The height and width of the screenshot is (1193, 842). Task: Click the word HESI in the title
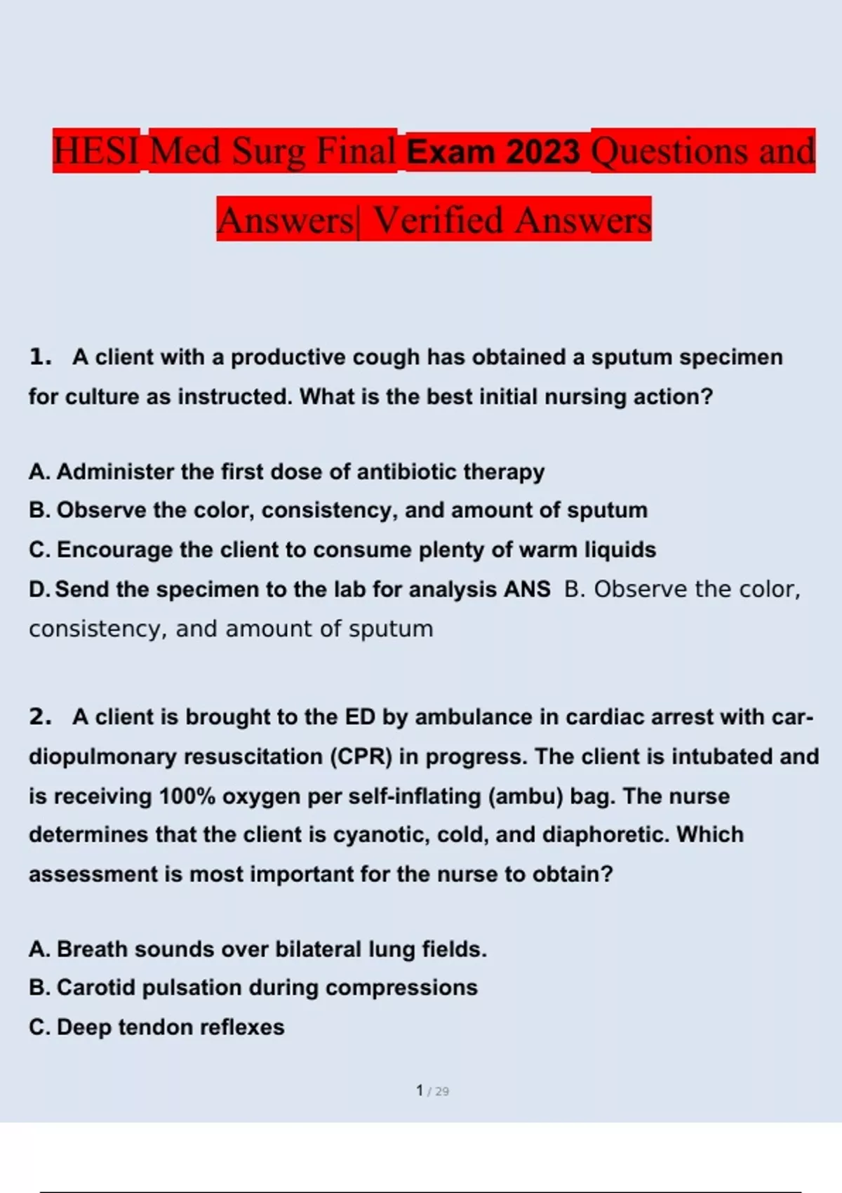(96, 151)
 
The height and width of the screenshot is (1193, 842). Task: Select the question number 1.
(40, 357)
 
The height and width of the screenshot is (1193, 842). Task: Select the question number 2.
(40, 717)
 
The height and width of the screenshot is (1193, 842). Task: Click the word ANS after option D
(527, 589)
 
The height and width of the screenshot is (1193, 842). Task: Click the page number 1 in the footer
(420, 1091)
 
